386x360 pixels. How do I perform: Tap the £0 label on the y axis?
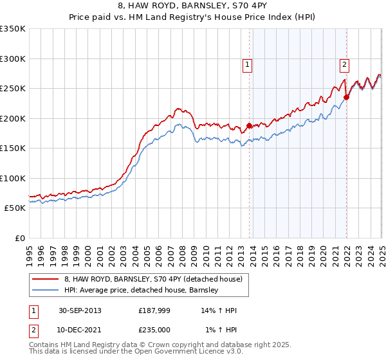[x=19, y=238]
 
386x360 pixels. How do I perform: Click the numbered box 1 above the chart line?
[x=248, y=64]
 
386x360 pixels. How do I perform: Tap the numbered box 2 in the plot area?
[x=345, y=64]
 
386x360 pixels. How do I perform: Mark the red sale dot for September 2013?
[x=249, y=125]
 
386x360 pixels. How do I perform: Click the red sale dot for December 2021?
[x=346, y=97]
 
